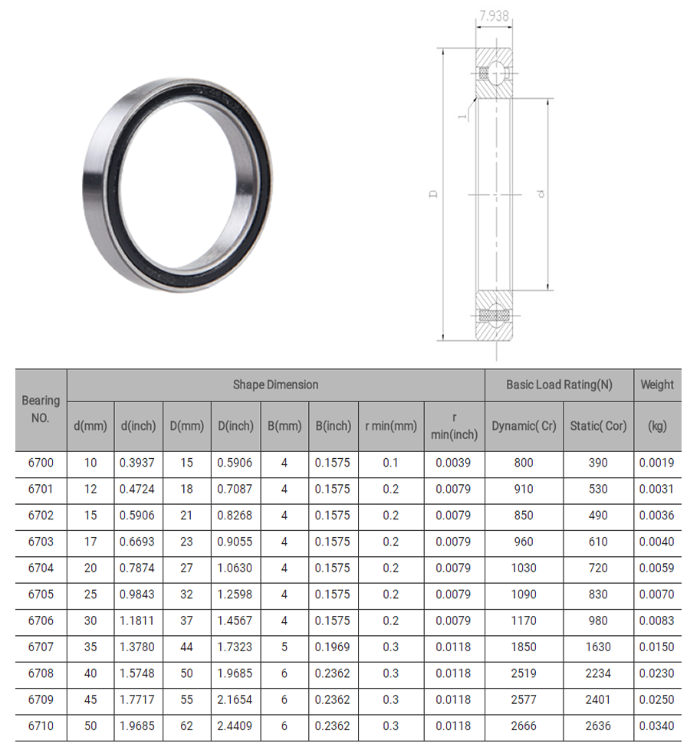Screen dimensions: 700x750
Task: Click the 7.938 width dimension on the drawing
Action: (494, 16)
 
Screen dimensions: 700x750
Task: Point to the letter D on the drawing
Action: (433, 194)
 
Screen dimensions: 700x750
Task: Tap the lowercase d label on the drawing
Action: (541, 194)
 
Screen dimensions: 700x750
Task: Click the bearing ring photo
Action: (178, 185)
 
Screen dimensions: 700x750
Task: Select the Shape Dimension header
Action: (275, 385)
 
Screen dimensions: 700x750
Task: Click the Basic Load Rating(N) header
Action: (559, 385)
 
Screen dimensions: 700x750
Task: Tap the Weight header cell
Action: (657, 385)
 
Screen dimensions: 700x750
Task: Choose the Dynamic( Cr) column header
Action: (524, 426)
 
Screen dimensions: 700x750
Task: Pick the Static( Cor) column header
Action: (598, 426)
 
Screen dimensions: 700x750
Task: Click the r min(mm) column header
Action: (391, 426)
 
